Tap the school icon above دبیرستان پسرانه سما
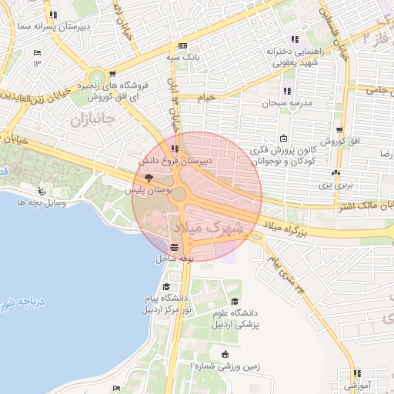click(52, 15)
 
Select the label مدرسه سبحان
click(285, 102)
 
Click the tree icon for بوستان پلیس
click(149, 176)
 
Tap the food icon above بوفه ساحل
click(175, 248)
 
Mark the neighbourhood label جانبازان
click(92, 121)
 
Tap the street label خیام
click(207, 98)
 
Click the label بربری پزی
click(336, 185)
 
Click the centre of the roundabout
click(179, 195)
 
